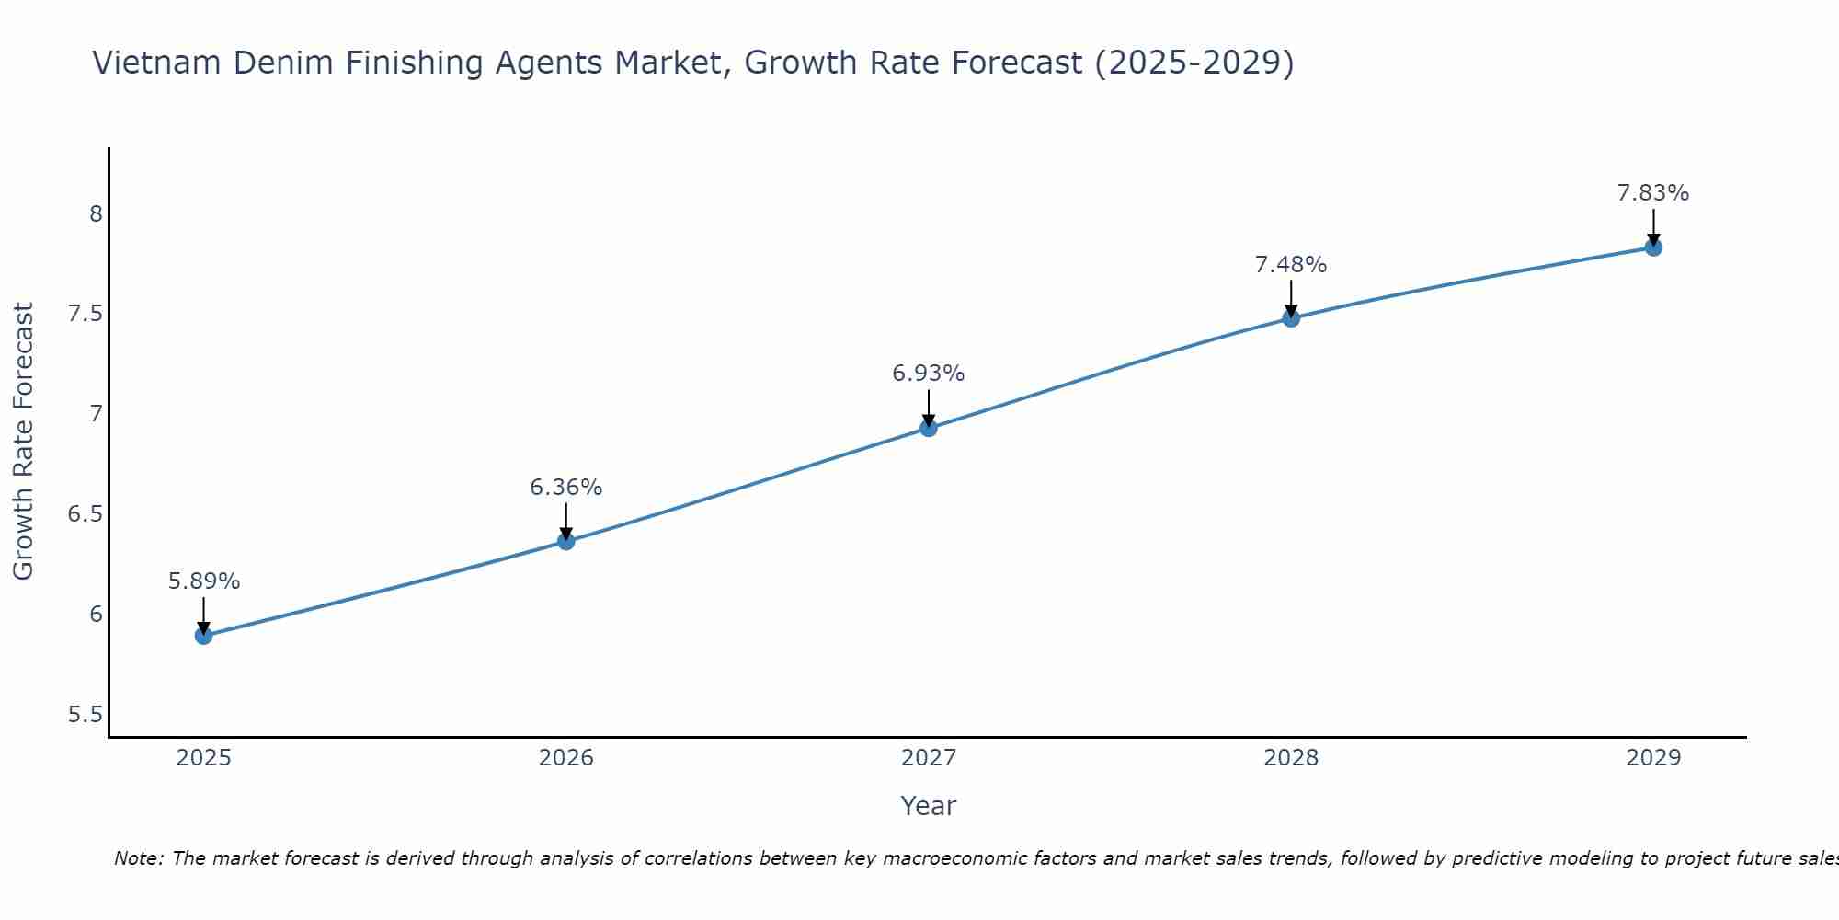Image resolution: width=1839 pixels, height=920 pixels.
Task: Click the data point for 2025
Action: [204, 636]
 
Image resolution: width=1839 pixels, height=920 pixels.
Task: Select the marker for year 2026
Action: [566, 541]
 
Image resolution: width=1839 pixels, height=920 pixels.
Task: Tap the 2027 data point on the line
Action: [929, 428]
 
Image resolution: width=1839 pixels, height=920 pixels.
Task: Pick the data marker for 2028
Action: [1291, 318]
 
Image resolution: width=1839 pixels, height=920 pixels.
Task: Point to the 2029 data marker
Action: [1653, 247]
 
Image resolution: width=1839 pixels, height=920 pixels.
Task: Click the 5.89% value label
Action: [204, 581]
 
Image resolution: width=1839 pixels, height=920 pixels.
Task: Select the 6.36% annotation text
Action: [566, 488]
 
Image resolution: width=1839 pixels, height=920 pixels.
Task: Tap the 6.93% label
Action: [929, 374]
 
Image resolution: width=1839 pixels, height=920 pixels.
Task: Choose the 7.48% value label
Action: [1291, 265]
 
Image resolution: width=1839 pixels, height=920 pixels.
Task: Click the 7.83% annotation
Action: [1653, 193]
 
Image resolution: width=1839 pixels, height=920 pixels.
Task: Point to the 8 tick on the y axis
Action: [96, 214]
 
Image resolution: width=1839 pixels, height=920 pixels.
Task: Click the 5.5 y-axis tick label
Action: [86, 715]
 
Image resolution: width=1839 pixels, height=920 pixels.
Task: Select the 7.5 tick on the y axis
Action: [86, 315]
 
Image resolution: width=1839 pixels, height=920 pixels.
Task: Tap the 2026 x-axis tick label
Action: [566, 758]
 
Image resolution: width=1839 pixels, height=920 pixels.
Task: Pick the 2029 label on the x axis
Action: [1653, 758]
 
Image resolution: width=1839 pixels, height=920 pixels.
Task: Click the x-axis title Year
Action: [929, 806]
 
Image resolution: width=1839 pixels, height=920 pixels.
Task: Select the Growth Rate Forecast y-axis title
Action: [24, 442]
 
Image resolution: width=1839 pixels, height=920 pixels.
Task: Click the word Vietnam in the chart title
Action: [157, 63]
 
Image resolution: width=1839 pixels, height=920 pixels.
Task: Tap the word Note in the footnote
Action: [138, 858]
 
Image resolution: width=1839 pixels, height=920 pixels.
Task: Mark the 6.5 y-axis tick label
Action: [86, 514]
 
